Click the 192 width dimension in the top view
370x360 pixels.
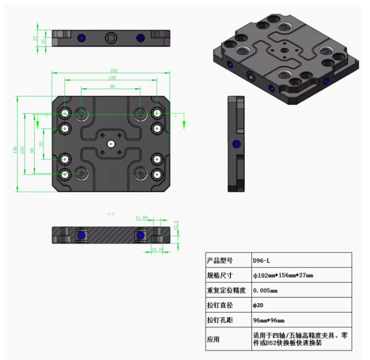113,71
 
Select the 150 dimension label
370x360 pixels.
112,79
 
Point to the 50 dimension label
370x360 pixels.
41,144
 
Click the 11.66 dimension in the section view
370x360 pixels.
142,217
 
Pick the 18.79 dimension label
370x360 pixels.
157,249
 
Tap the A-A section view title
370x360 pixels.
111,214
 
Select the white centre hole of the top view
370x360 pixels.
111,143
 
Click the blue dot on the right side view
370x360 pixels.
235,144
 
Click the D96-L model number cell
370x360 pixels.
262,260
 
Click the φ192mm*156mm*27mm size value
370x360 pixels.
283,275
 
